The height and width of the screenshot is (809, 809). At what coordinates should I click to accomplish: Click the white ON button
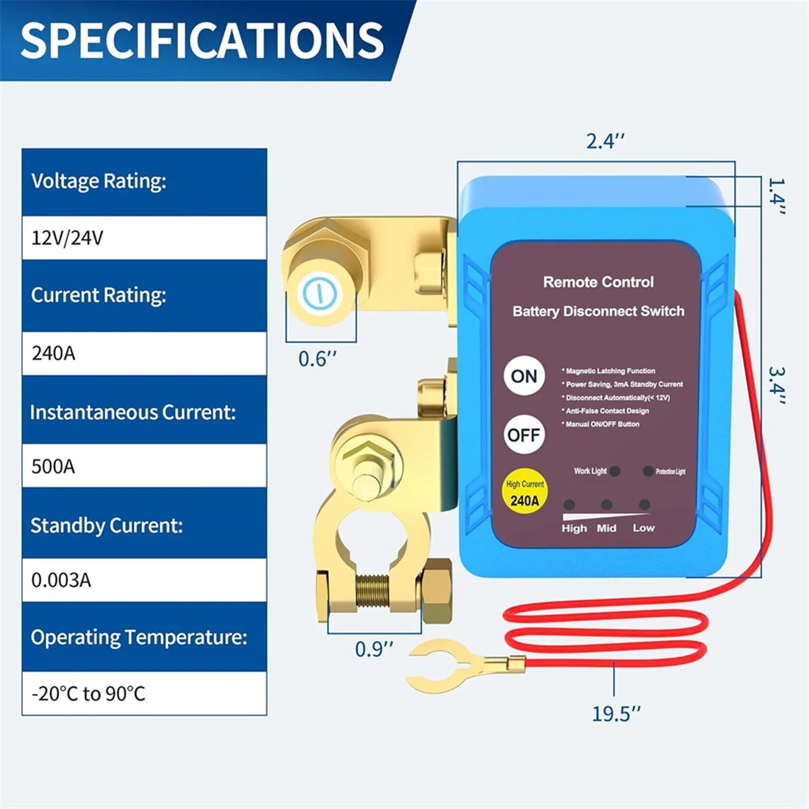[524, 376]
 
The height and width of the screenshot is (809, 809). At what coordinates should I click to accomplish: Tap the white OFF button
[524, 435]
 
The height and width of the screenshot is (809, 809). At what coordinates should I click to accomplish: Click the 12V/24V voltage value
[67, 238]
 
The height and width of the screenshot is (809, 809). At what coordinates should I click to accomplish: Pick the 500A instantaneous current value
[53, 467]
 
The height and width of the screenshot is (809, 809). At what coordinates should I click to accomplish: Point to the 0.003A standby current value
[61, 580]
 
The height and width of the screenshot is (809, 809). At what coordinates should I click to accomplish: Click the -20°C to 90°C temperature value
[88, 694]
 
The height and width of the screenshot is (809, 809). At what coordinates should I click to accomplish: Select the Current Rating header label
[98, 295]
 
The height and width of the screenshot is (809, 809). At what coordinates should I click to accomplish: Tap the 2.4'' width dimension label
[605, 142]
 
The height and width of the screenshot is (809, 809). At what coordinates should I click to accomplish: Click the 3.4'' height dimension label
[777, 386]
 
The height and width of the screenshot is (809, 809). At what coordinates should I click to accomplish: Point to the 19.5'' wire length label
[616, 713]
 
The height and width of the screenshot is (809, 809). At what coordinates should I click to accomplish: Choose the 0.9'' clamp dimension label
[373, 649]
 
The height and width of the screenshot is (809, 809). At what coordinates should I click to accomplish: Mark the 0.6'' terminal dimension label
[317, 359]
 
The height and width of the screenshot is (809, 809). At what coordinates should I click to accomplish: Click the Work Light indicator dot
[615, 471]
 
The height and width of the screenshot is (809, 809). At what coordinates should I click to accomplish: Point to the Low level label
[643, 528]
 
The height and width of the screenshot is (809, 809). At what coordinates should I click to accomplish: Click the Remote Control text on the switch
[598, 282]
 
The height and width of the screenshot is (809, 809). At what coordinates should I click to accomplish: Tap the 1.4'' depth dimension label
[777, 196]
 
